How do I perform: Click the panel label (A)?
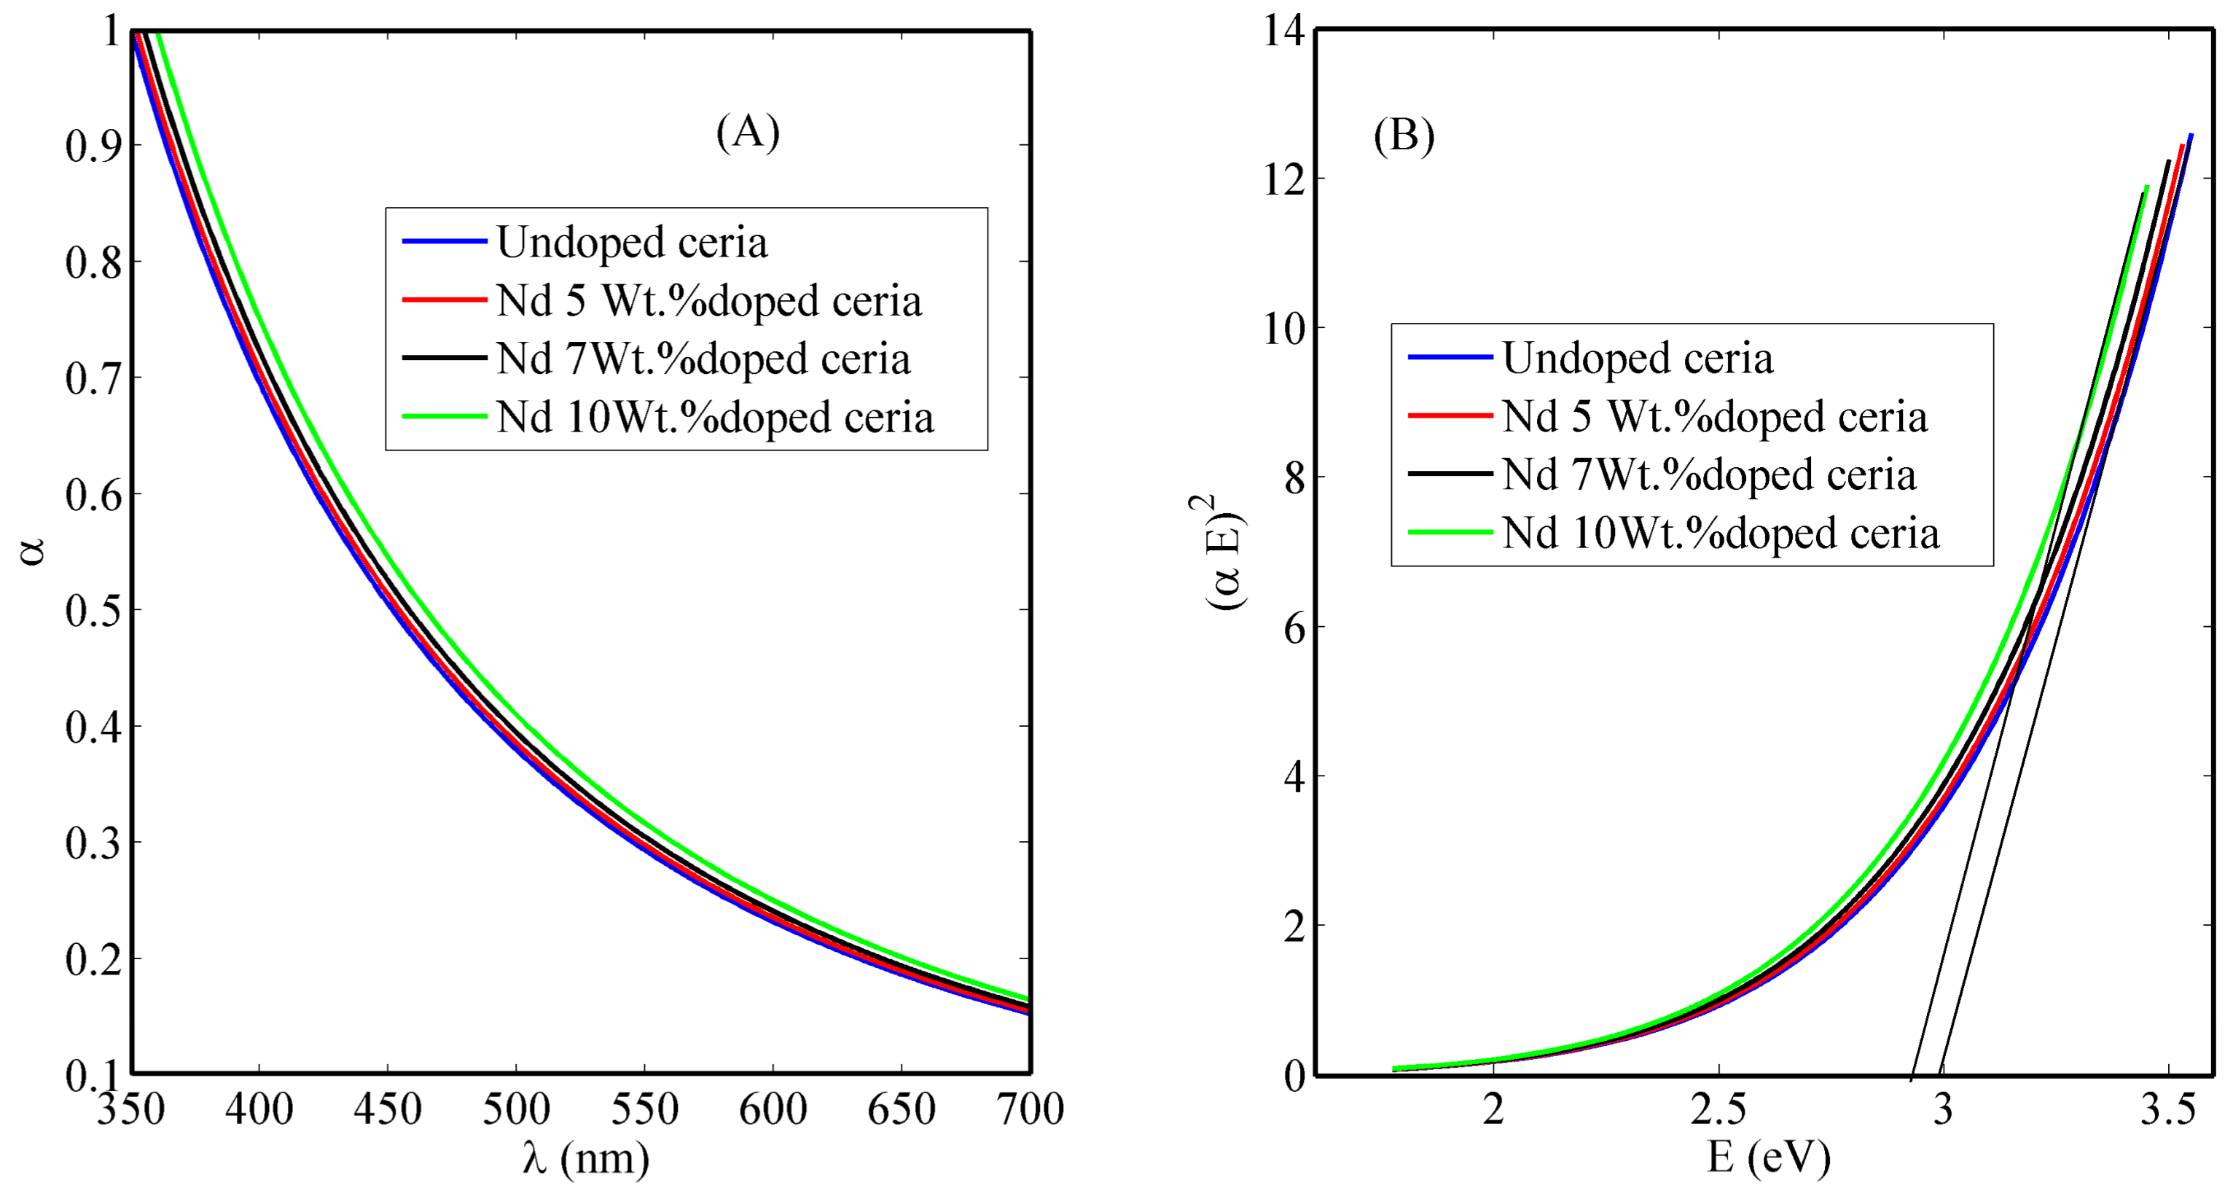747,133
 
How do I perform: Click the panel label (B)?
1404,136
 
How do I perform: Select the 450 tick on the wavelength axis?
388,1109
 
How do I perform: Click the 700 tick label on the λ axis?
1030,1109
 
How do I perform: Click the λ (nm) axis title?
586,1158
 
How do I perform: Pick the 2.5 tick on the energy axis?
1718,1109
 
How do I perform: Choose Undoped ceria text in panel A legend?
631,242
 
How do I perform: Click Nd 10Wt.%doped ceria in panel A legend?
715,417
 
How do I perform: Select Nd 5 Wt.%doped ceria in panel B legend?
1715,416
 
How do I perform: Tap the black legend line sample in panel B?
1450,473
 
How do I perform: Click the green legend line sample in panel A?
444,416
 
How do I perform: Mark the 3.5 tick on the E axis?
2167,1109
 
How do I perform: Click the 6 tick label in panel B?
1294,628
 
